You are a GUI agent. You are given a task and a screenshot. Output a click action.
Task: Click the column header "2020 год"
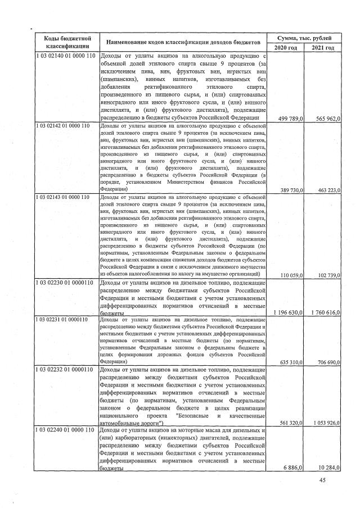point(286,48)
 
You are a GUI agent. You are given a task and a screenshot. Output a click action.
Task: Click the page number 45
point(322,479)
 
